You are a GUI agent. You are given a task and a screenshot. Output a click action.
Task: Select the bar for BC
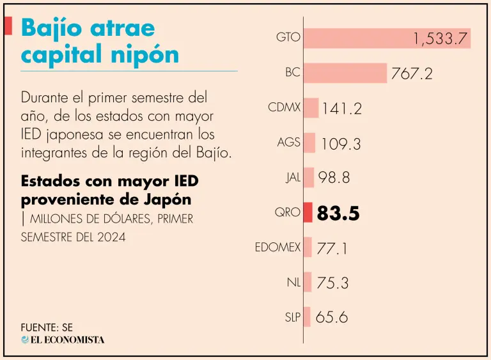tap(345, 73)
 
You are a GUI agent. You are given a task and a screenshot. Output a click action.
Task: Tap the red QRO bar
tap(308, 212)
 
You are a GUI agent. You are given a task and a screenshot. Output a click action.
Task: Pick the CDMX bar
tap(311, 108)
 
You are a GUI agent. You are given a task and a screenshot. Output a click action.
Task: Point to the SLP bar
tap(307, 317)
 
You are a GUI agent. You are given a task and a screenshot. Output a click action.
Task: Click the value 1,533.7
tap(440, 40)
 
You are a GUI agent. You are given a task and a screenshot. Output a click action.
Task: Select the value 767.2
tap(411, 74)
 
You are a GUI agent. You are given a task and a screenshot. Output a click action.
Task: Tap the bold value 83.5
tap(338, 213)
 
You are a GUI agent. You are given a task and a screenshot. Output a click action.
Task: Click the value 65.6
tap(332, 317)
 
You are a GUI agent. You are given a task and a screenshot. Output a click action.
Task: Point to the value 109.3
tap(341, 144)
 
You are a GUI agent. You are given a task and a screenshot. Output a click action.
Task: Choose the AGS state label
tap(289, 142)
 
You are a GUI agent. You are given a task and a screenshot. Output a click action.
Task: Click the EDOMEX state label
tap(277, 247)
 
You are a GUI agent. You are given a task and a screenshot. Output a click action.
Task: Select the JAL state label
tap(293, 177)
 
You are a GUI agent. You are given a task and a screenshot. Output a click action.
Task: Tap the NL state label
tap(293, 281)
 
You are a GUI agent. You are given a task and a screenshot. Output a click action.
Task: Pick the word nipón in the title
tap(148, 55)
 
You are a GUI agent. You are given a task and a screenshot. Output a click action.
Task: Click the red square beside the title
tap(8, 26)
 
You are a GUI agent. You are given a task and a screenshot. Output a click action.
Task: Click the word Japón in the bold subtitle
tap(168, 199)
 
